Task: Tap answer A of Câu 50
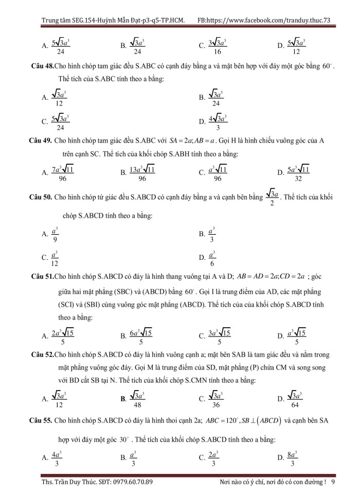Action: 55,235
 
